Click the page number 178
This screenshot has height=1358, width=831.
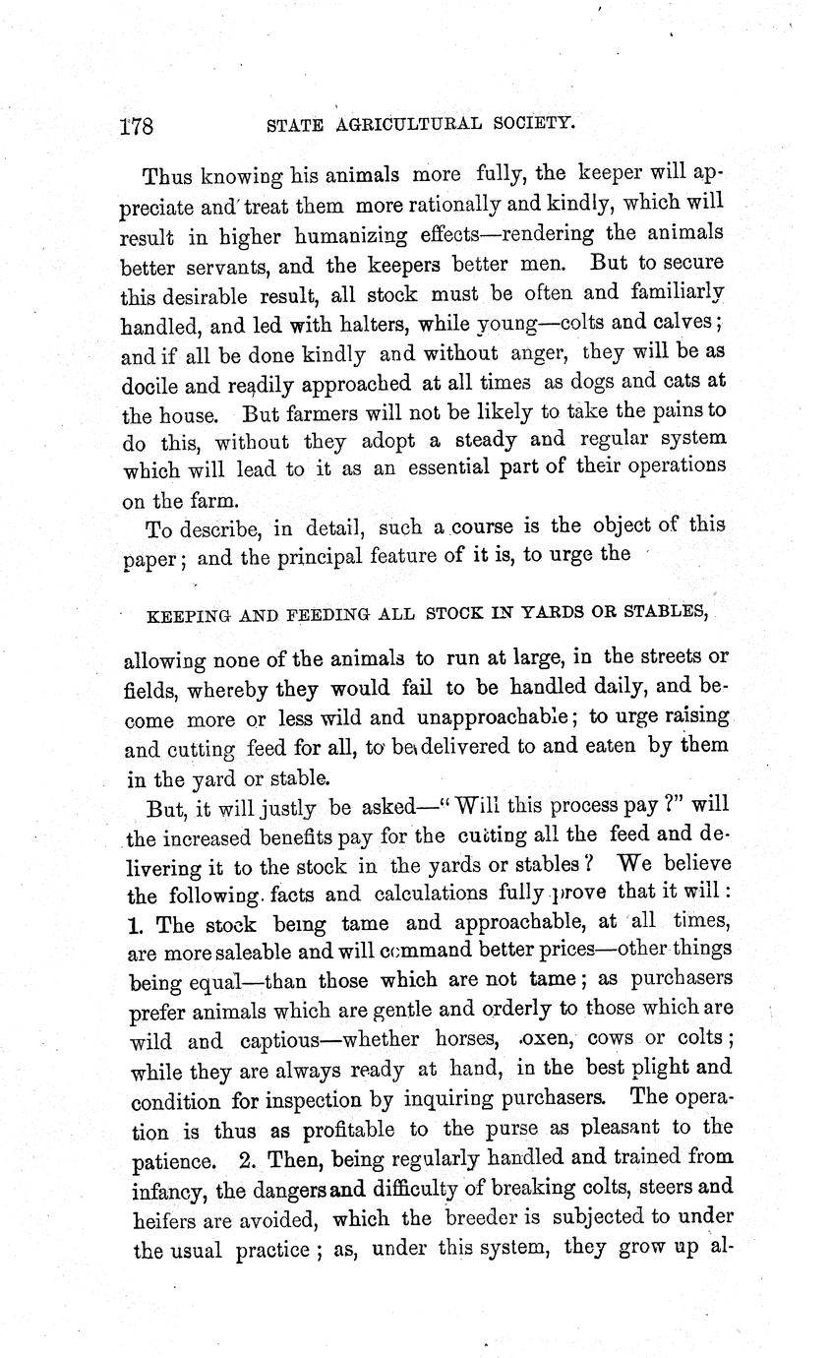tap(136, 127)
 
